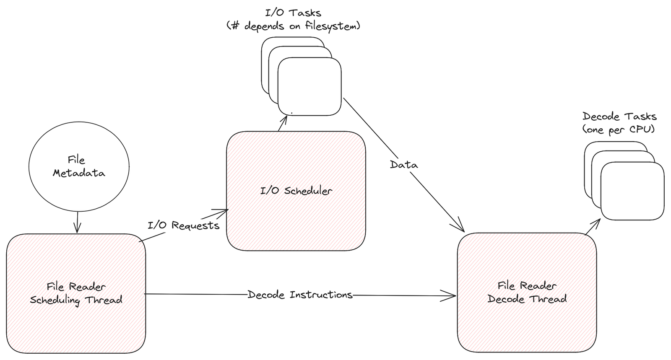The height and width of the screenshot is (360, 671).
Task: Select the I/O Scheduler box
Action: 296,218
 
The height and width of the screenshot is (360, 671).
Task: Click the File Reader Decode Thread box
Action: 527,323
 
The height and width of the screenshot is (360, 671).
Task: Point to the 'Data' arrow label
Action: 404,165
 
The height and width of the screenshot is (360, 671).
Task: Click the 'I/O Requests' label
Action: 183,225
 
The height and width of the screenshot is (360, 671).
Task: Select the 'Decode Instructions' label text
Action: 300,295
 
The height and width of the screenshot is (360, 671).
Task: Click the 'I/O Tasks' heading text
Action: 293,13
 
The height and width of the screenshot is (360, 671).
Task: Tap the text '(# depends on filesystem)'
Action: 293,26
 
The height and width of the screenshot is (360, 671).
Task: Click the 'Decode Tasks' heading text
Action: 619,116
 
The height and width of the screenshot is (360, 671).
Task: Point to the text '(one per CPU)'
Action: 618,129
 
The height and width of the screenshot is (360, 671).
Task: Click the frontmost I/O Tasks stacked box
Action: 309,86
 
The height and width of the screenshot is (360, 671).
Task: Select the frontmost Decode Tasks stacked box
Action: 632,191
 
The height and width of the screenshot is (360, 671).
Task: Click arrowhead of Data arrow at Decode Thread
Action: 461,229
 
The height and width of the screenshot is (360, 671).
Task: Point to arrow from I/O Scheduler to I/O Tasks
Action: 283,124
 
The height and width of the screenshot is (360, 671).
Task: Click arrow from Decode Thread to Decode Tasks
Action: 593,226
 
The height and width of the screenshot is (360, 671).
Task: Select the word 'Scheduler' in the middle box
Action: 308,191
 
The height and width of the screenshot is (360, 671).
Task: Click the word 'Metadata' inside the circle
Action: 78,173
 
